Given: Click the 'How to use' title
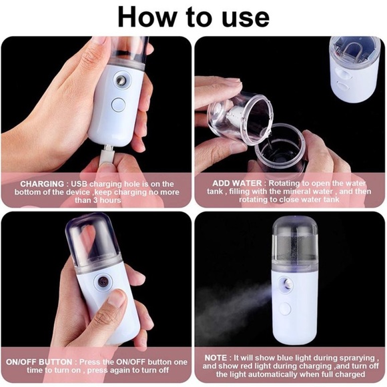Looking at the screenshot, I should tap(193, 17).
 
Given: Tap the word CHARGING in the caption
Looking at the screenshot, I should tap(42, 183).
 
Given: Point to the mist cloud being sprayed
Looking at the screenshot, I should tap(234, 304).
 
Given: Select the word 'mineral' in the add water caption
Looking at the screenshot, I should tap(306, 192).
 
